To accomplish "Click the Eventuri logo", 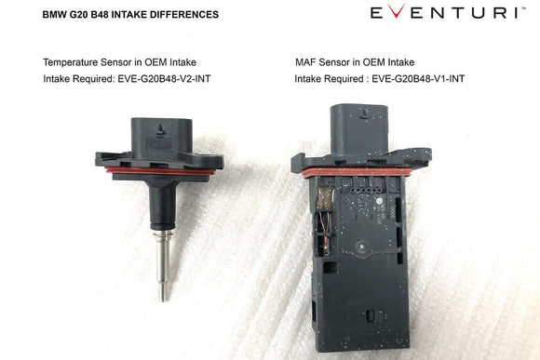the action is point(448,12).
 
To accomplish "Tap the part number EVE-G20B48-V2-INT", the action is point(164,79).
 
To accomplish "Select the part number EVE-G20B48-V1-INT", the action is point(418,79).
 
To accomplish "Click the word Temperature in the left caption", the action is point(70,62).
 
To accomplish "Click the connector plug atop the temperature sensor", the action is point(161,137).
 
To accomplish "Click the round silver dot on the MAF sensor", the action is point(379,201).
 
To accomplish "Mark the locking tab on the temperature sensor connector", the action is point(160,130).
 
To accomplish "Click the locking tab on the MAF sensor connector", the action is point(364,113).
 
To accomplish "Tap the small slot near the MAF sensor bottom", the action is point(371,315).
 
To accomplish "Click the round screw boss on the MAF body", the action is point(361,247).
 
